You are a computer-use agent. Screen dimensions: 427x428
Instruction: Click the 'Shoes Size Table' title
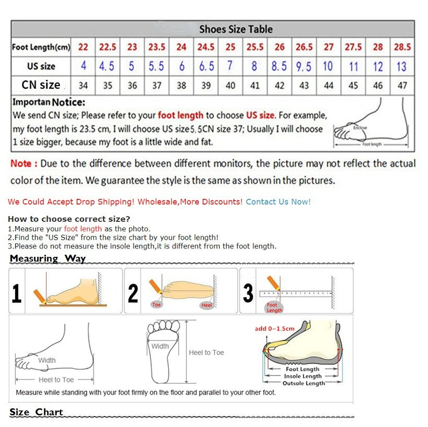235,29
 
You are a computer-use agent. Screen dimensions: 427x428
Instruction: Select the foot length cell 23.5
157,47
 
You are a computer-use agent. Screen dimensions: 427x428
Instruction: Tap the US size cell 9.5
303,66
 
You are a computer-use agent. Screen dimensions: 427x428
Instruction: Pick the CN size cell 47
402,85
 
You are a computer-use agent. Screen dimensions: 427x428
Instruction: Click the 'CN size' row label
41,85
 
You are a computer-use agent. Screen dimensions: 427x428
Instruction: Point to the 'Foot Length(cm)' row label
41,48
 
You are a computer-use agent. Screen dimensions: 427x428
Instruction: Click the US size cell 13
401,66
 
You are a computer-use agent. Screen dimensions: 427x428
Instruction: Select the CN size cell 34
83,85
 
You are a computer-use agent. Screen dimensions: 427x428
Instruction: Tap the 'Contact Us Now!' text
278,201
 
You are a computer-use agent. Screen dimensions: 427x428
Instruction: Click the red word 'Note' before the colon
21,163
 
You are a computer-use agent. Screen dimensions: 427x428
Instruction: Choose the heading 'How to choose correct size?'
69,219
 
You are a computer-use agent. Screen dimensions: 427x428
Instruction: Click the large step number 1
17,293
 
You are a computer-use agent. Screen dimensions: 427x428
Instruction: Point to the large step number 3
248,293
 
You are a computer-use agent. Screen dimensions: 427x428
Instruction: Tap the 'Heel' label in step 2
207,305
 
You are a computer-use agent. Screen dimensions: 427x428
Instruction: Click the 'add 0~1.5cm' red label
275,328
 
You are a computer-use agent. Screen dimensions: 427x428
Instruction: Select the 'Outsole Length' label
303,383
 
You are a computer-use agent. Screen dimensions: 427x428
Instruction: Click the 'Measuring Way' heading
47,258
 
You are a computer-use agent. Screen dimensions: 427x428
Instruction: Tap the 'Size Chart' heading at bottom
36,412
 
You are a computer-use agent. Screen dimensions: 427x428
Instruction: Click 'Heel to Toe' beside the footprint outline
206,352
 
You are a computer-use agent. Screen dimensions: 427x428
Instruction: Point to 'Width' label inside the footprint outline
160,346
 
